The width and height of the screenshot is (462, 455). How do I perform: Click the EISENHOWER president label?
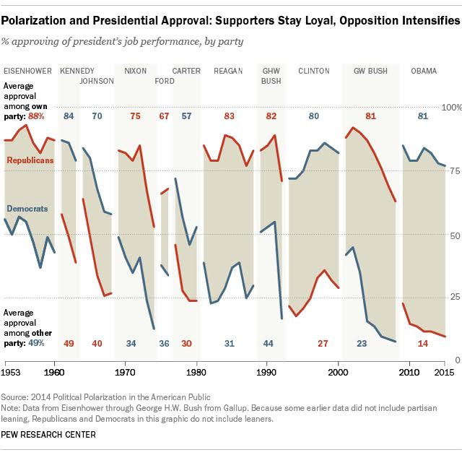28,71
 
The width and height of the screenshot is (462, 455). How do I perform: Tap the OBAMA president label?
423,71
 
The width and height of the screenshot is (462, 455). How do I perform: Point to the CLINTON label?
314,71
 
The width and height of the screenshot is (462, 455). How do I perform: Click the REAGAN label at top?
228,71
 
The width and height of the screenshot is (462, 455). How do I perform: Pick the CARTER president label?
187,71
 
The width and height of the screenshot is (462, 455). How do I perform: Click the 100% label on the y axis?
449,107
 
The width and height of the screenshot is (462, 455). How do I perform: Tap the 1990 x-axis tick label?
268,372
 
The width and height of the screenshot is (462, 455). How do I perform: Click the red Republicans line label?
30,160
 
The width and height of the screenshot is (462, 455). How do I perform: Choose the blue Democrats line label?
27,209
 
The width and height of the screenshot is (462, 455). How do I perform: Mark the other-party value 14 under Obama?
423,343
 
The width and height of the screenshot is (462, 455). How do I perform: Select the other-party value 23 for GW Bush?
361,343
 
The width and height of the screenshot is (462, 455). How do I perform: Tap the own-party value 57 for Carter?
187,116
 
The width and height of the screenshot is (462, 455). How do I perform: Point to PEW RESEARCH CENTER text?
49,435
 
